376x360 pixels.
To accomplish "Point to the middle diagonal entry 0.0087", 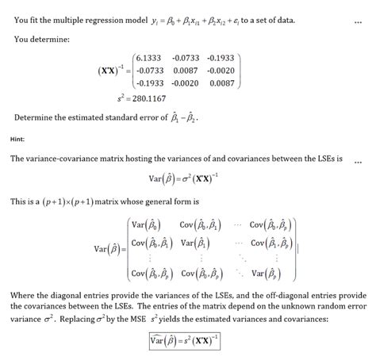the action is click(x=185, y=71).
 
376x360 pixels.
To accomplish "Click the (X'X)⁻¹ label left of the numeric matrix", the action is click(x=110, y=71).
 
